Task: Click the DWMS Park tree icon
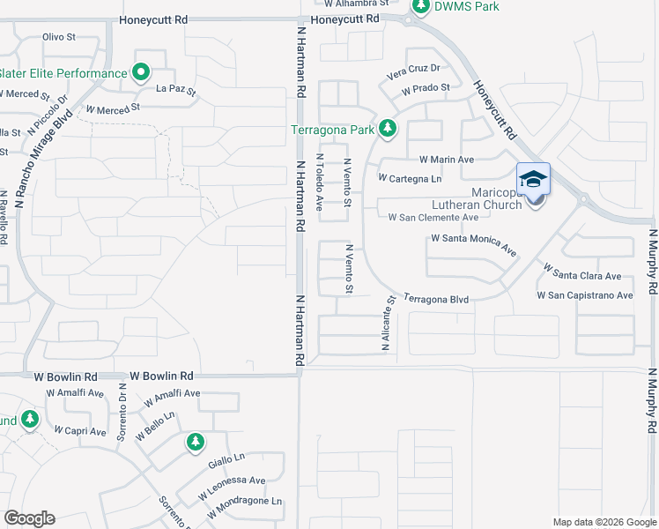coord(421,7)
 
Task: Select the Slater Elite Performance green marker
coord(141,73)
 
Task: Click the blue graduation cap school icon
coord(533,179)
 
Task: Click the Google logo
coord(29,518)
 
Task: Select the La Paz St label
coord(175,89)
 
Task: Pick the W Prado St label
coord(425,88)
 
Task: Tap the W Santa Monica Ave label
coord(474,245)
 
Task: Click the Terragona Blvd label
coord(436,300)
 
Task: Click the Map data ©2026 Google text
coord(603,522)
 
